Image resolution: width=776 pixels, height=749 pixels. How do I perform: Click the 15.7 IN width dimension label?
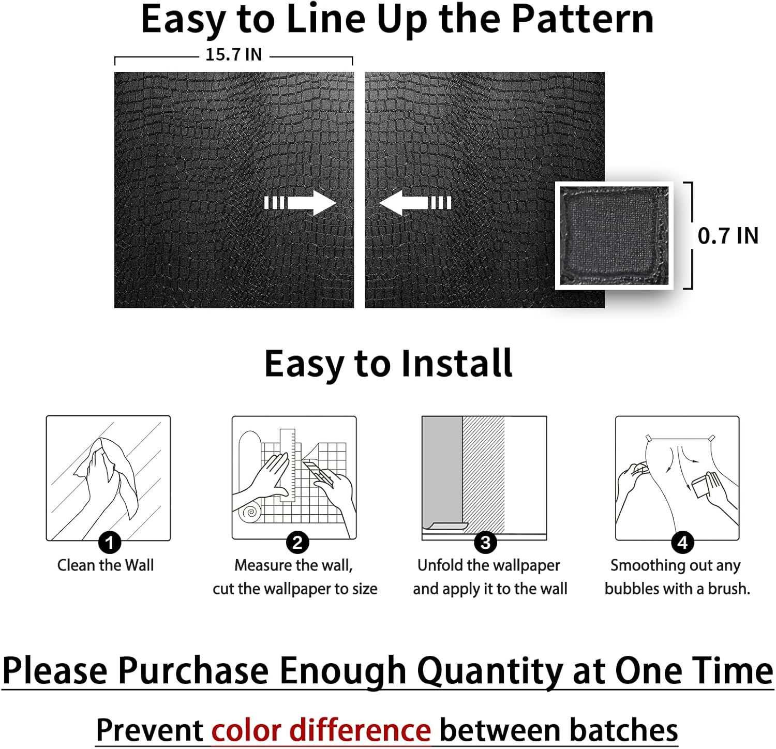point(233,54)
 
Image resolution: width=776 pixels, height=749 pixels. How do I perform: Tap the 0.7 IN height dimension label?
point(727,236)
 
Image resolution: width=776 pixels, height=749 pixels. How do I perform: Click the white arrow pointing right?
point(301,202)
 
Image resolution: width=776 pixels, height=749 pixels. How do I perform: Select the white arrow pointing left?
point(414,202)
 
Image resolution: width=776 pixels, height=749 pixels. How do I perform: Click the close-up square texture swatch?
point(614,235)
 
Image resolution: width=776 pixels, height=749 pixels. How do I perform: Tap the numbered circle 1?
point(109,543)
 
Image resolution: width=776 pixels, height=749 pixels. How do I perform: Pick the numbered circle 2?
point(297,543)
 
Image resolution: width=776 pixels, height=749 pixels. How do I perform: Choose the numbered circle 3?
point(485,543)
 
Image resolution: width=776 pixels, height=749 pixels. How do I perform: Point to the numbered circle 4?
point(682,543)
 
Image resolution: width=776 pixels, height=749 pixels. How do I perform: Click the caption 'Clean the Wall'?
point(106,565)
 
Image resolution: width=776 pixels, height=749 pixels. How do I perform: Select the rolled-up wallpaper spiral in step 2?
point(251,513)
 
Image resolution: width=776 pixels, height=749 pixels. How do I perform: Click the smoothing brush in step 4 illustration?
point(703,486)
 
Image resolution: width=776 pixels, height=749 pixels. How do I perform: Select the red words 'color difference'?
point(321,730)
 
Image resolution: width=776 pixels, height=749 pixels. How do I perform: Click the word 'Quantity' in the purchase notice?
point(489,671)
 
